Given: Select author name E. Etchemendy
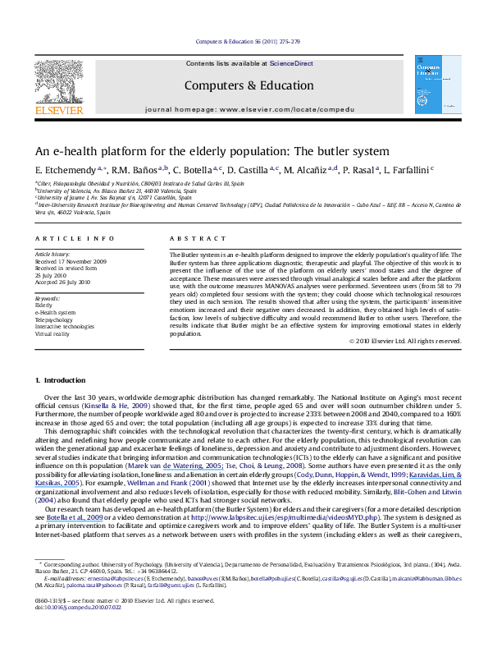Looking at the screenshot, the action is tap(60, 169).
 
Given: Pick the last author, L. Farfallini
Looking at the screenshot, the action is tap(407, 169).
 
